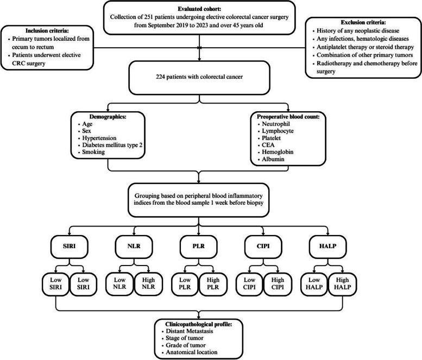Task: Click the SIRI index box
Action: click(69, 247)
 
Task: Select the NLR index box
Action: click(134, 247)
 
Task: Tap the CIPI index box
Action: click(263, 247)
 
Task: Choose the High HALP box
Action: click(342, 284)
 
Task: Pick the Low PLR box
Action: click(185, 284)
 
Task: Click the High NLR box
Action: click(148, 284)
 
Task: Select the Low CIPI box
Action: click(249, 284)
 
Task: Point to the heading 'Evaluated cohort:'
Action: click(199, 9)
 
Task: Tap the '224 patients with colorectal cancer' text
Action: click(199, 77)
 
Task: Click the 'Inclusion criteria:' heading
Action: click(47, 30)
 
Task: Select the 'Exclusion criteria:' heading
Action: click(363, 22)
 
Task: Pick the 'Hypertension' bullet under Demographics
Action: click(99, 138)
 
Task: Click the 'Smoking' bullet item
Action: click(93, 152)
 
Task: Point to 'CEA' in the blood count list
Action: click(268, 145)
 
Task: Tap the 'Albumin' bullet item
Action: click(273, 159)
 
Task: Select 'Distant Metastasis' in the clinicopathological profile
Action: click(189, 331)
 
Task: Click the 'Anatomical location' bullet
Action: click(191, 352)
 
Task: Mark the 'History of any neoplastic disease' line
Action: click(358, 30)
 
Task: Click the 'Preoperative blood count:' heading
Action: click(288, 117)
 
